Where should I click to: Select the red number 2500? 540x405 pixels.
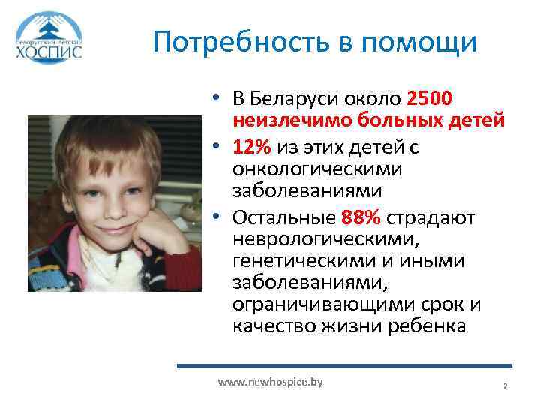pyautogui.click(x=429, y=99)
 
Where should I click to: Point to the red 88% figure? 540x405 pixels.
pyautogui.click(x=361, y=217)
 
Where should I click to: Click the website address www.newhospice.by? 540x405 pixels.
pyautogui.click(x=270, y=382)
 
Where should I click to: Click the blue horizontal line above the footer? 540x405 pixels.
pyautogui.click(x=345, y=366)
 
